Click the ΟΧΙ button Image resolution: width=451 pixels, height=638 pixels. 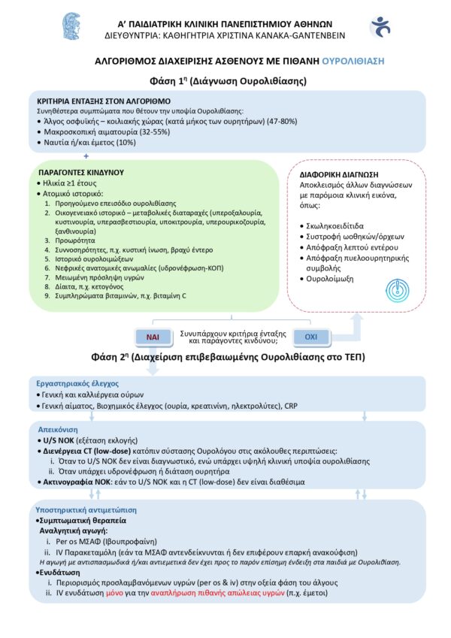tap(309, 336)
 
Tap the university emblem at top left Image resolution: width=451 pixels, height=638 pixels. tap(73, 26)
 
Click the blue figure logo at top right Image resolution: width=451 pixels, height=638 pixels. tap(380, 27)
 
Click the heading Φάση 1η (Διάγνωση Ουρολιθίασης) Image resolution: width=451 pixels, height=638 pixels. tap(225, 80)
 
